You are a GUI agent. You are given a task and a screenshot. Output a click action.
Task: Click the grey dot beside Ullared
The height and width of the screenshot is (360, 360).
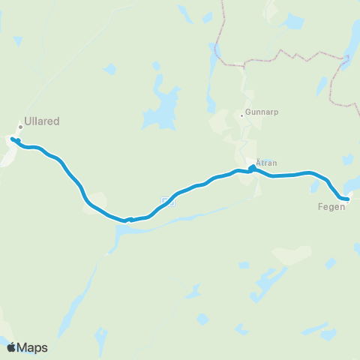(21, 127)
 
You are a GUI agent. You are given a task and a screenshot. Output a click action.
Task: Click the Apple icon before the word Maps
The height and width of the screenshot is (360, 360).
(11, 346)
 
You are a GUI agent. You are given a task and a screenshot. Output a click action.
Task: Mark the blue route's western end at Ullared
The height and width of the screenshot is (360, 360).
(14, 139)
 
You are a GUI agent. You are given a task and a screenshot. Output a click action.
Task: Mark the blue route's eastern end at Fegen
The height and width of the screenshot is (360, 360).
(347, 199)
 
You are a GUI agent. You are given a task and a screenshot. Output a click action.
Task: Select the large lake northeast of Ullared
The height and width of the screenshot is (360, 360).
(162, 105)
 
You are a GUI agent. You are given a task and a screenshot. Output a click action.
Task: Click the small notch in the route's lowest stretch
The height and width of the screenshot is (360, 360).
(129, 219)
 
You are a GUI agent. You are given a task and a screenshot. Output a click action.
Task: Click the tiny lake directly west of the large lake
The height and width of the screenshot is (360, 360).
(110, 70)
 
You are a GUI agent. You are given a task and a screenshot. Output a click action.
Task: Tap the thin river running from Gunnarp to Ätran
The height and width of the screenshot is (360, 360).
(241, 139)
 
